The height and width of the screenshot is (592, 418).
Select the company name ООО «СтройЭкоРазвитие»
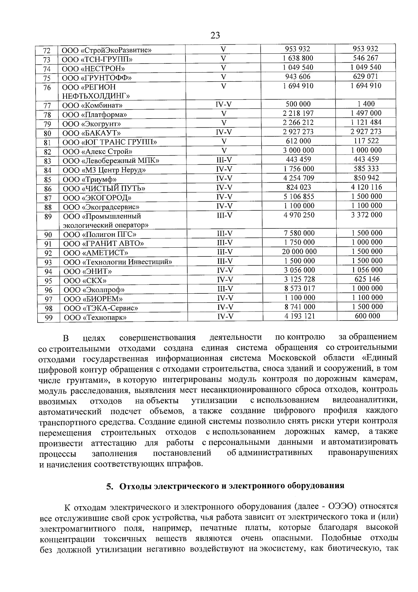tap(106, 50)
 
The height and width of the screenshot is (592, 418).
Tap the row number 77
tap(47, 106)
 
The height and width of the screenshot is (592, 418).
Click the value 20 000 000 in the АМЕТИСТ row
tap(300, 252)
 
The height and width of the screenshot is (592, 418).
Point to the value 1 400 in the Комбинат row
tap(366, 104)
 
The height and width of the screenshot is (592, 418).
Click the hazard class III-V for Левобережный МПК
tap(224, 159)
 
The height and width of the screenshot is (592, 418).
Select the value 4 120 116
tap(366, 187)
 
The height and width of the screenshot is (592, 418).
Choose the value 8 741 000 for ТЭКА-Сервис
tap(300, 307)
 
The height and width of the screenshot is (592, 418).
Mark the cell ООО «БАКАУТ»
tap(92, 133)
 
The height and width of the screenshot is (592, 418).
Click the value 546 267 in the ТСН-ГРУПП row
tap(365, 58)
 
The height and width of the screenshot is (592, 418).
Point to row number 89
tap(48, 217)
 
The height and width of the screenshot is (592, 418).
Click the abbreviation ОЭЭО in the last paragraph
tap(340, 506)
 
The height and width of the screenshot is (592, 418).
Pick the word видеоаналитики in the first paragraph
tap(365, 400)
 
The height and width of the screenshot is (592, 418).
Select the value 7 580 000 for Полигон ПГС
tap(300, 233)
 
